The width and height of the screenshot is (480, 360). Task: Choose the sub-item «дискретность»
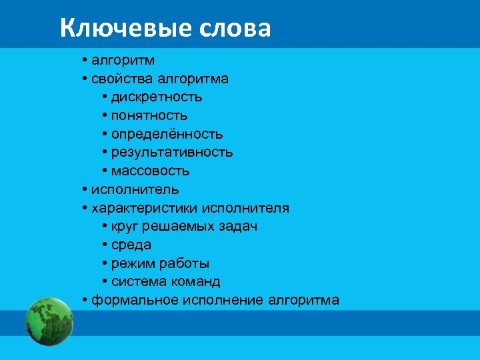coord(157,97)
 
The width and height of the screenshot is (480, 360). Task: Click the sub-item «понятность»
coord(149,116)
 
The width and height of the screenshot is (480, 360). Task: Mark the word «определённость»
coord(167,135)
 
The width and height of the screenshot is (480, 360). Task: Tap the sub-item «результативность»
coord(172,153)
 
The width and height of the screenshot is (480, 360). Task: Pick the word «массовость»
coord(151,171)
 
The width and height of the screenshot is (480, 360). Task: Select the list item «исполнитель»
coord(135,189)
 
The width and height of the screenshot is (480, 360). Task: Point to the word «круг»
coord(125,227)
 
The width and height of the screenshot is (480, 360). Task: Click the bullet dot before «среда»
coord(106,245)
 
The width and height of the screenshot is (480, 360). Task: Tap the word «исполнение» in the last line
coord(219,301)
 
